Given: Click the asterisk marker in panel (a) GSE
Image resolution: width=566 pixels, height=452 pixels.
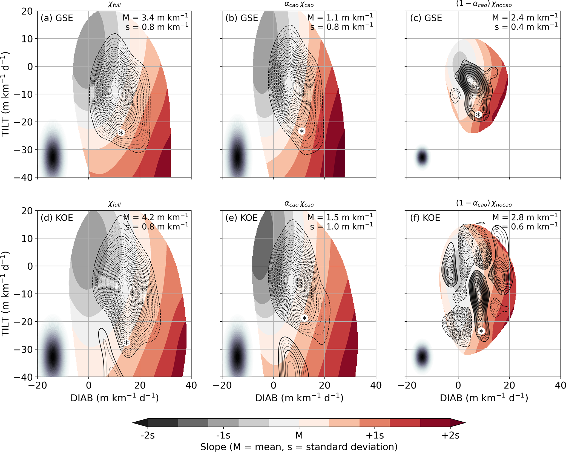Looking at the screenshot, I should pyautogui.click(x=121, y=133).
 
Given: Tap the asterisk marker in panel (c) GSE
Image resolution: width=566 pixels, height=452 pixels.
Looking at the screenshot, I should pyautogui.click(x=478, y=115).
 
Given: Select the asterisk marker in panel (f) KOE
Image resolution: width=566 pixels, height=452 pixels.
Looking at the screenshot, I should pyautogui.click(x=481, y=331).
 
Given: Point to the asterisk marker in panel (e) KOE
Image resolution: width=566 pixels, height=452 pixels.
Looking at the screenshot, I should pyautogui.click(x=304, y=318).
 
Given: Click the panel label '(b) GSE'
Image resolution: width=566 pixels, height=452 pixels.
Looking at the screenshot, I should pyautogui.click(x=242, y=18).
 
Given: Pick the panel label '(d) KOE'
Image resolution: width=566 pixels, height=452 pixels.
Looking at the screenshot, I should pyautogui.click(x=57, y=218).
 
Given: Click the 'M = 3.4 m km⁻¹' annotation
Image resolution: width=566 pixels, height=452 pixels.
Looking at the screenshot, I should pyautogui.click(x=155, y=18).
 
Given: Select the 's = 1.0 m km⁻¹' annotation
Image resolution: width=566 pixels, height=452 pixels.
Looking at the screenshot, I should pyautogui.click(x=341, y=227).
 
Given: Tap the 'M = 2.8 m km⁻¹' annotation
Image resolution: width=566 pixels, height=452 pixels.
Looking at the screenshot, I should pyautogui.click(x=525, y=217).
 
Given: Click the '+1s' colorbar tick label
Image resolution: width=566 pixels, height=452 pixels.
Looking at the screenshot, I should pyautogui.click(x=375, y=435).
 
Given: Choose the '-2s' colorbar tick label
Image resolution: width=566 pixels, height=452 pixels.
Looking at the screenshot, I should pyautogui.click(x=148, y=435).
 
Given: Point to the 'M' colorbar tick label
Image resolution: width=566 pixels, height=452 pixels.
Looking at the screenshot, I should pyautogui.click(x=299, y=435).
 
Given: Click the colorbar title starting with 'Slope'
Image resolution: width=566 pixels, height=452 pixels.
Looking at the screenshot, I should pyautogui.click(x=299, y=447).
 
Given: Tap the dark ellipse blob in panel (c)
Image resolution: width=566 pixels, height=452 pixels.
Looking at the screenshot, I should pyautogui.click(x=422, y=157).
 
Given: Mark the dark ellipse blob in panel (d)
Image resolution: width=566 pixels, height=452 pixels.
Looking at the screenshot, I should pyautogui.click(x=52, y=357).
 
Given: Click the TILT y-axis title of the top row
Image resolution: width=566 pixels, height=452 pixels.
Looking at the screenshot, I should pyautogui.click(x=6, y=94).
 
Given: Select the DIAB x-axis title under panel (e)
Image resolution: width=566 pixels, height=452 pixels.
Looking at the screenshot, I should pyautogui.click(x=299, y=398).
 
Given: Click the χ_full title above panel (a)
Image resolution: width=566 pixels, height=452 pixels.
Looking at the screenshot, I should pyautogui.click(x=114, y=5).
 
